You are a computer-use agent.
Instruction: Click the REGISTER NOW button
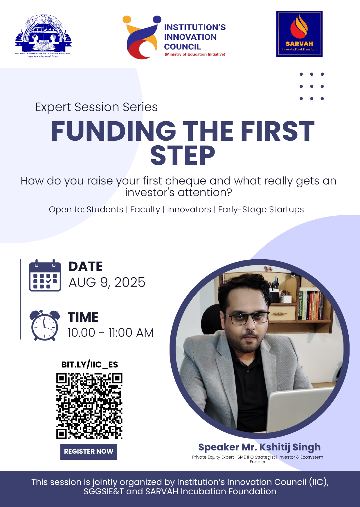(89, 452)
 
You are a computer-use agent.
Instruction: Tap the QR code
(89, 406)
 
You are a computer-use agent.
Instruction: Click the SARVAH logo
(299, 34)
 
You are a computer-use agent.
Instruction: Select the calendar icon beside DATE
(45, 275)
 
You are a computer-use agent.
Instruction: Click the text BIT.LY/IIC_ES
(89, 365)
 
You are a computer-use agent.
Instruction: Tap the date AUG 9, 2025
(107, 283)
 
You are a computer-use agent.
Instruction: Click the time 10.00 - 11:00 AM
(110, 333)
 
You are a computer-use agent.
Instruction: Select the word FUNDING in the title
(114, 131)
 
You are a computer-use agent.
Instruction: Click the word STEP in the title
(183, 156)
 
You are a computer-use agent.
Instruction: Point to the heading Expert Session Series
(96, 107)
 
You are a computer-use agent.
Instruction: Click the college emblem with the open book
(44, 36)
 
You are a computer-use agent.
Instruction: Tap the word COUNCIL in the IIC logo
(183, 47)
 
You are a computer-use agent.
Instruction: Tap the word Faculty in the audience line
(145, 209)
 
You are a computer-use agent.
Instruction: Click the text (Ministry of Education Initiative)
(195, 55)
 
